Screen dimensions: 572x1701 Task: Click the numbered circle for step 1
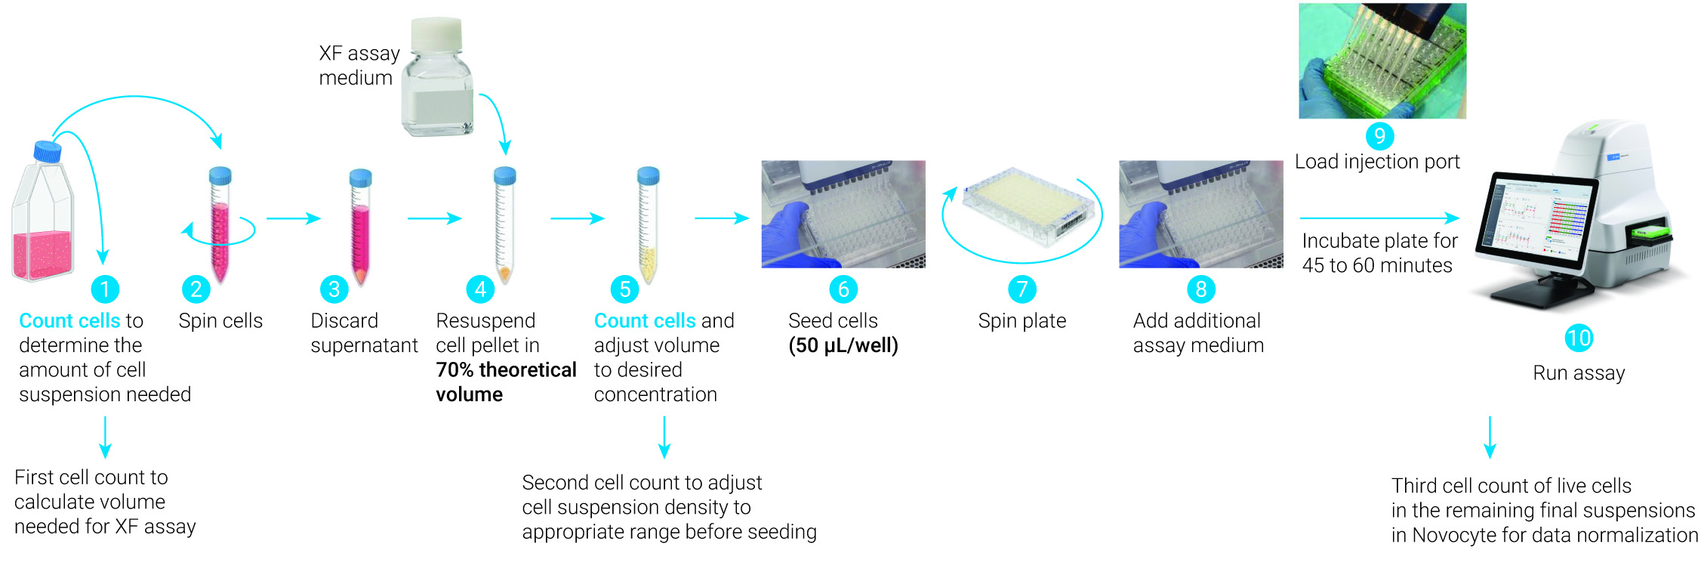[105, 289]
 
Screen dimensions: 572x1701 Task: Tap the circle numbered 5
[624, 289]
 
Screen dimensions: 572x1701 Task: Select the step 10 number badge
[1579, 338]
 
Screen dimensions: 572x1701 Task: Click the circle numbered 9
[1379, 136]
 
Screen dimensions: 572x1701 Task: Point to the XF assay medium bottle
[438, 87]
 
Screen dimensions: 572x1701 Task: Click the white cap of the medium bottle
[436, 34]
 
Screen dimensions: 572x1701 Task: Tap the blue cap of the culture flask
[48, 151]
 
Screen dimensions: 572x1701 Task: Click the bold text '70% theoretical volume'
[505, 382]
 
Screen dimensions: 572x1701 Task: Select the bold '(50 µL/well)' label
[843, 346]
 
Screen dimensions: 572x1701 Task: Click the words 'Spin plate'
[1022, 321]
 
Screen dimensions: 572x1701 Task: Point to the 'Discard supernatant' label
[363, 332]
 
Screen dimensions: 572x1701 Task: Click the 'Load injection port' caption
[1377, 162]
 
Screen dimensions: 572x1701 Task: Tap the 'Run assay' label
[1579, 373]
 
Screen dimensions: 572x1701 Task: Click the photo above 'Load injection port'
[1382, 60]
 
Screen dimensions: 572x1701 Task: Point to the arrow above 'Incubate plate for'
[1379, 218]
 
